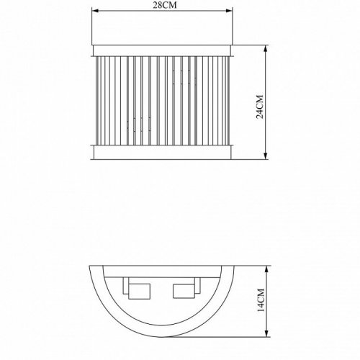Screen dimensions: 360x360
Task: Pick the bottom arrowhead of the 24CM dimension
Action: [267, 156]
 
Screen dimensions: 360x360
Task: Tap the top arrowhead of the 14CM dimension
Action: [267, 268]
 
